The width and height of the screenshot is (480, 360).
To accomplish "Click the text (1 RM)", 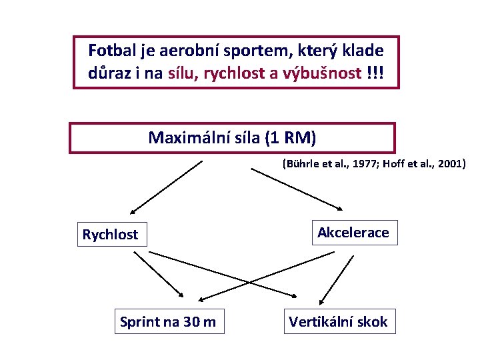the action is click(x=290, y=138).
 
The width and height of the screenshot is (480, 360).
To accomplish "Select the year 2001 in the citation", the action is click(x=451, y=163).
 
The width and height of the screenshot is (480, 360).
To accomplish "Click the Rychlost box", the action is click(x=111, y=234).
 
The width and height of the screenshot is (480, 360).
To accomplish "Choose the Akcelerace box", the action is click(x=353, y=233).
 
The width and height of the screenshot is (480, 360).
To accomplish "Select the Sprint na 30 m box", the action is click(x=168, y=322).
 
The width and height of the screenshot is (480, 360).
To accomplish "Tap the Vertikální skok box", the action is click(x=338, y=322).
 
